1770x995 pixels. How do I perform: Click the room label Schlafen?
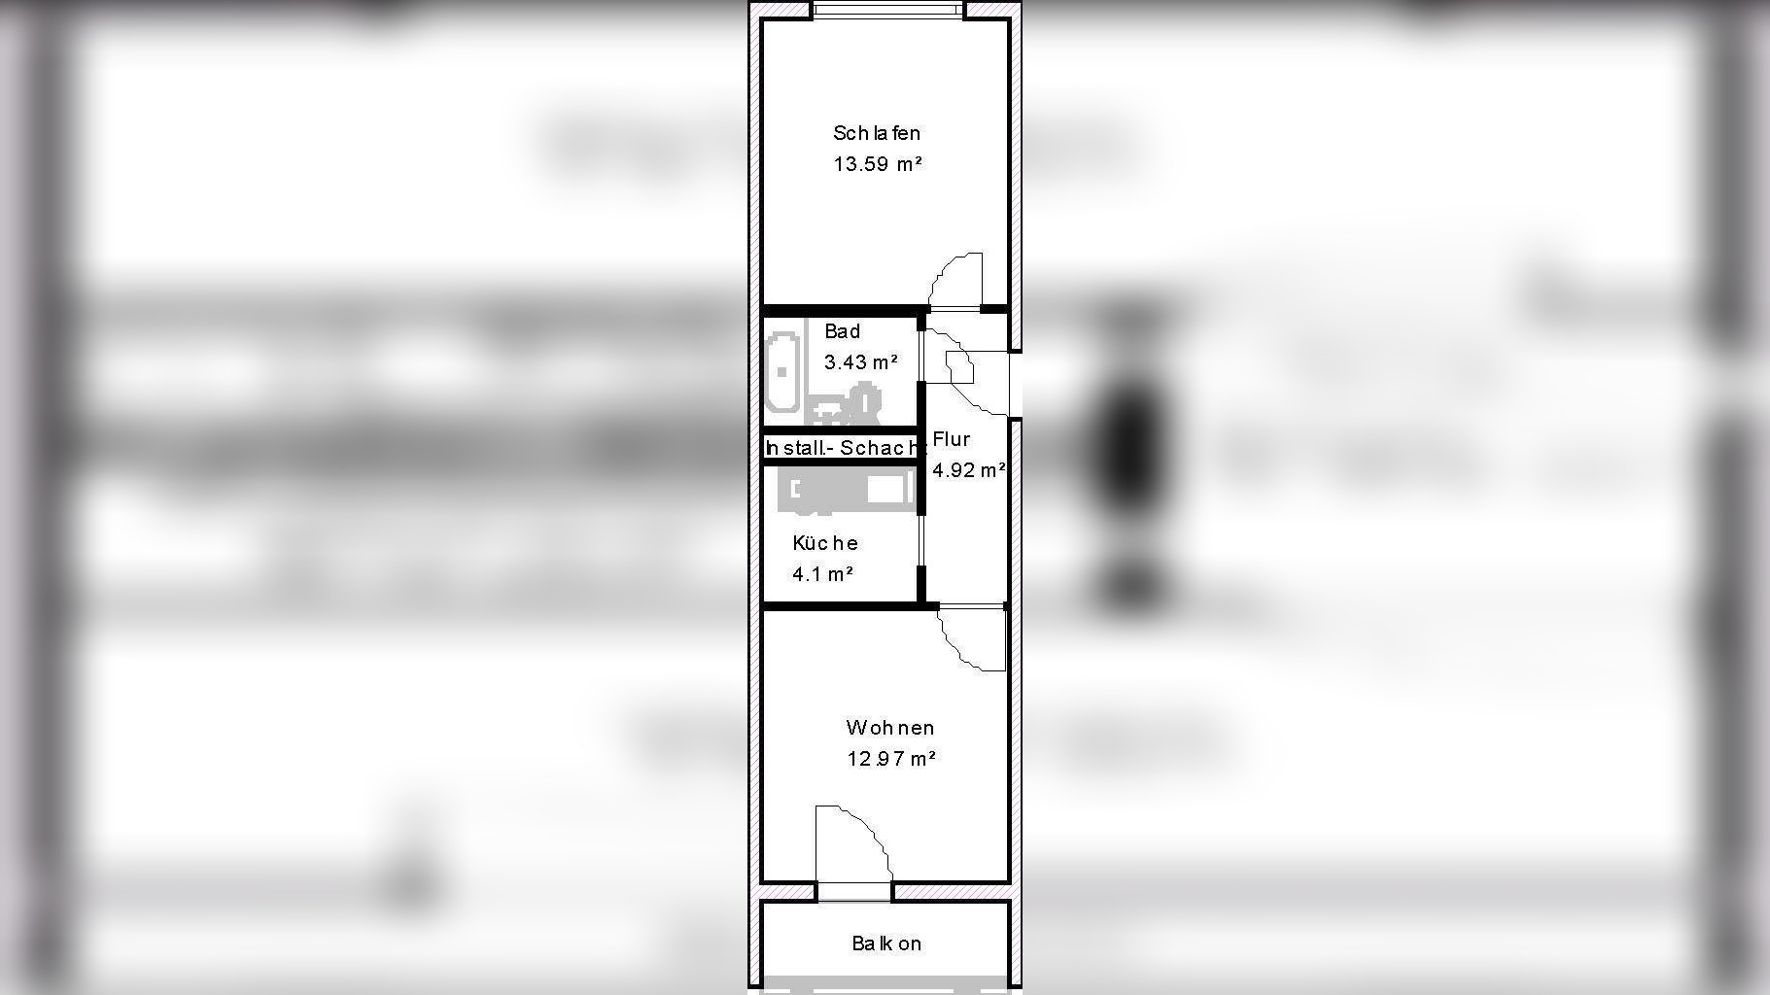coord(876,133)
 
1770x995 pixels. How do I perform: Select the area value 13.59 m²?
coord(877,164)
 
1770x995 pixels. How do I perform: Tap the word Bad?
coord(842,331)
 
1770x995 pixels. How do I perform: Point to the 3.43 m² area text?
coord(860,362)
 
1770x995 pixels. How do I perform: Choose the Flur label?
coord(951,439)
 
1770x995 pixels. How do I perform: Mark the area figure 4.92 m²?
coord(968,470)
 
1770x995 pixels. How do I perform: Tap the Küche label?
coord(824,543)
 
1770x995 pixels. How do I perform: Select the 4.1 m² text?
coord(822,574)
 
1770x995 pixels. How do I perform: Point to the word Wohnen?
coord(889,728)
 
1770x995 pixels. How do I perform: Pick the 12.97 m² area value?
coord(890,759)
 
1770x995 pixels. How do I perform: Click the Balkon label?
coord(886,944)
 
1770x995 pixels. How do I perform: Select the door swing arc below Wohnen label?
coord(852,843)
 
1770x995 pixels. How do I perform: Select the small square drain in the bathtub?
coord(782,372)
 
